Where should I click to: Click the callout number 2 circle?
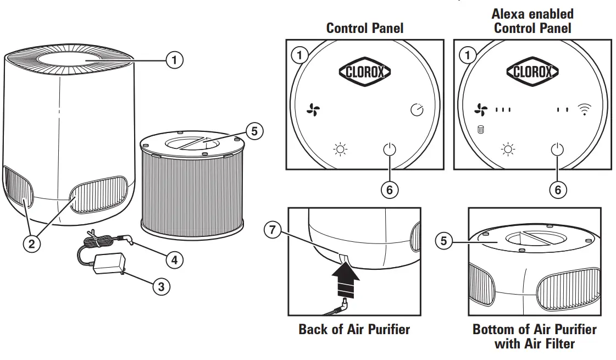(31, 243)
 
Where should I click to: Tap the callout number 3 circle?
(160, 286)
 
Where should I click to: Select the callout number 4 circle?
(174, 259)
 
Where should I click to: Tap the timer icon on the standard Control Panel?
(417, 110)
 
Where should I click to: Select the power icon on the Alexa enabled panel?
(557, 149)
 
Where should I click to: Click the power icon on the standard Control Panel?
(389, 149)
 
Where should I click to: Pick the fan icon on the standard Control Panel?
(313, 110)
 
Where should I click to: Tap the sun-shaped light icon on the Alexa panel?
(508, 149)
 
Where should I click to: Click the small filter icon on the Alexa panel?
(480, 130)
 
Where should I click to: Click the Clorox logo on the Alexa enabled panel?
(532, 71)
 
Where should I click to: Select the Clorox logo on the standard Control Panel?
(364, 71)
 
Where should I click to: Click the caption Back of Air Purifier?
(354, 329)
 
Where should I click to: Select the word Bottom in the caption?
(497, 329)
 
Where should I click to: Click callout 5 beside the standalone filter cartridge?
(254, 131)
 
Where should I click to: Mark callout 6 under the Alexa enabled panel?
(558, 190)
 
